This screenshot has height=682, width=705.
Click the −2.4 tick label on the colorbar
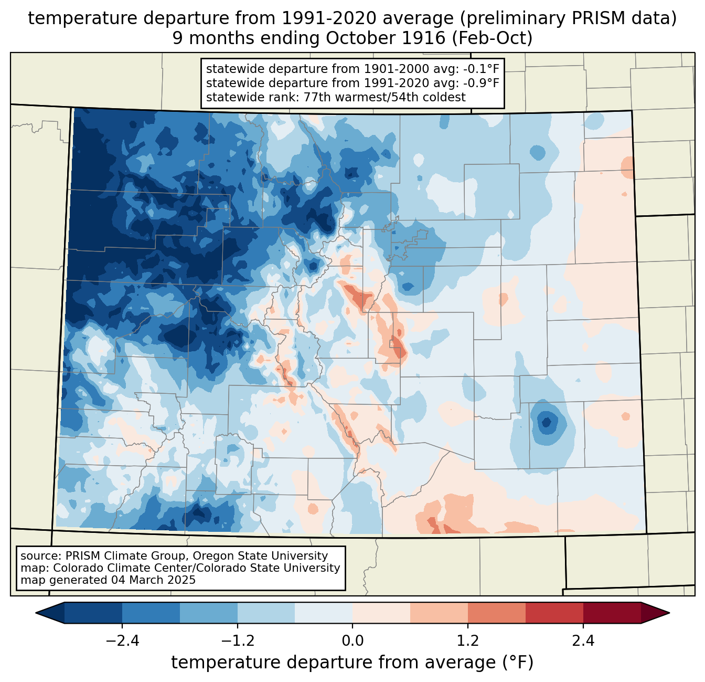coord(122,641)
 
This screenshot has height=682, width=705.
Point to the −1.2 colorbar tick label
coord(238,641)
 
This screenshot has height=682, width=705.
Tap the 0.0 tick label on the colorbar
coord(352,641)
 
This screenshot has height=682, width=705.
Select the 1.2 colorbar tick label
coord(468,641)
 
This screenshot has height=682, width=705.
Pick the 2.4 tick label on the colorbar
coord(583,641)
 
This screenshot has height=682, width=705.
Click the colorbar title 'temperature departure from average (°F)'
coord(352,663)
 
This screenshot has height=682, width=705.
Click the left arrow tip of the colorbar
coord(36,613)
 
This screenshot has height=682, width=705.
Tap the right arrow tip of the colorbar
coord(669,613)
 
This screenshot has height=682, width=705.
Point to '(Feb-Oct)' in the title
coord(492,38)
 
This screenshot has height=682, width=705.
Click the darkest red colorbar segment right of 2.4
coord(612,613)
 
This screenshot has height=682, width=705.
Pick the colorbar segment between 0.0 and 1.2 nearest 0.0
coord(381,613)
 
